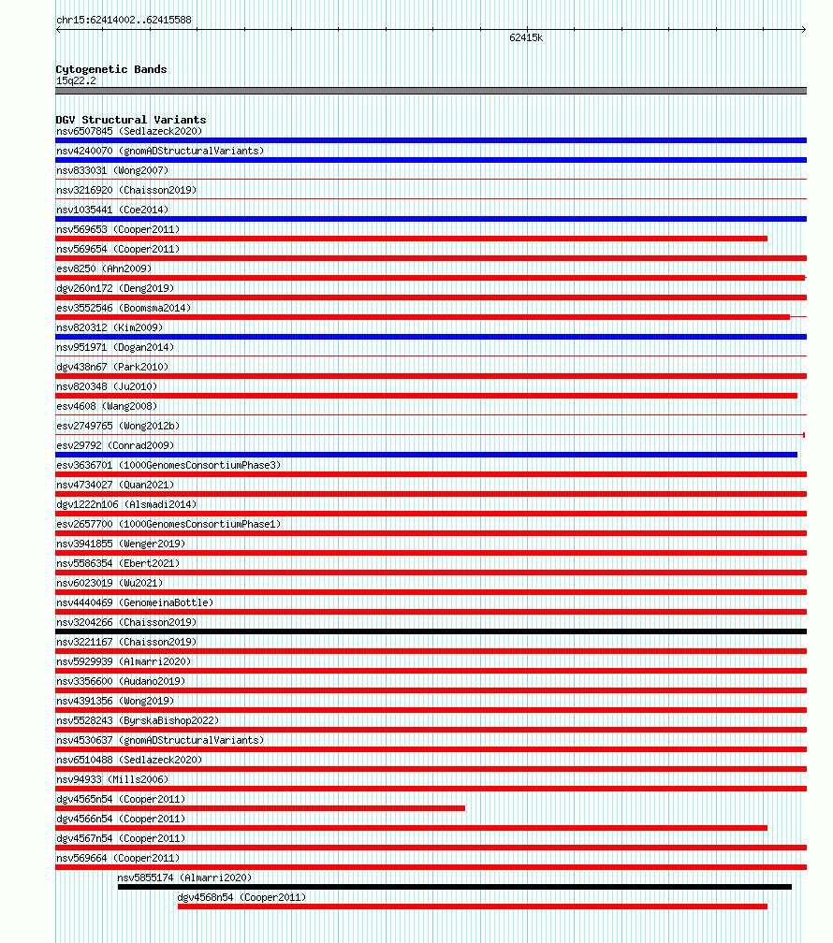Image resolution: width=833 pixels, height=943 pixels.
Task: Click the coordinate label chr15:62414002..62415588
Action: (x=124, y=20)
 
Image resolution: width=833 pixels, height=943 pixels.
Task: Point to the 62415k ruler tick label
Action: (x=526, y=38)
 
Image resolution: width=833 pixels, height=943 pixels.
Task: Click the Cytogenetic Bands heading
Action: (x=110, y=69)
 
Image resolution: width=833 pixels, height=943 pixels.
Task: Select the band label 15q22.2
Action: (x=75, y=80)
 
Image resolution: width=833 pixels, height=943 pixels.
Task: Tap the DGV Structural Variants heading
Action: (x=130, y=120)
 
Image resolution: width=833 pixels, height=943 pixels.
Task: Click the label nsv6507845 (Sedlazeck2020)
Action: (x=128, y=131)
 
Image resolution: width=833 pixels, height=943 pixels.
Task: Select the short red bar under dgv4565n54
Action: (x=260, y=808)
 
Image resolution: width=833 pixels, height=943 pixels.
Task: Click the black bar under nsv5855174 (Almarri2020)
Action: (x=454, y=887)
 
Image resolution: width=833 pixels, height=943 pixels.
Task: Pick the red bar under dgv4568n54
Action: (x=472, y=907)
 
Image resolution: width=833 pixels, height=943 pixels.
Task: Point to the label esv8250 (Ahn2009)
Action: (x=103, y=268)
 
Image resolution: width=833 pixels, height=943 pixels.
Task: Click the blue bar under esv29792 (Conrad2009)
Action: (x=426, y=455)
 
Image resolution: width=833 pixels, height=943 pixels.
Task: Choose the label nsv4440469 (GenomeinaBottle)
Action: (x=134, y=602)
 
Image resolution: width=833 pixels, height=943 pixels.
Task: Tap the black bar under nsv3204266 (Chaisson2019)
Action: (x=431, y=631)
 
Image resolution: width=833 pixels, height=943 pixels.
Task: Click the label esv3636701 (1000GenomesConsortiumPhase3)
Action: (x=168, y=465)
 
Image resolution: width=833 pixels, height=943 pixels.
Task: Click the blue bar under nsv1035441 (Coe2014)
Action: (x=431, y=219)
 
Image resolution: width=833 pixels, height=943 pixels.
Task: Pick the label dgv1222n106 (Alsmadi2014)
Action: (x=126, y=504)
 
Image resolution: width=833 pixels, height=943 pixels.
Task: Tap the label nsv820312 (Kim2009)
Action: (x=109, y=327)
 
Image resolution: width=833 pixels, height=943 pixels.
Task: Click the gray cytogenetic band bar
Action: (x=431, y=91)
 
